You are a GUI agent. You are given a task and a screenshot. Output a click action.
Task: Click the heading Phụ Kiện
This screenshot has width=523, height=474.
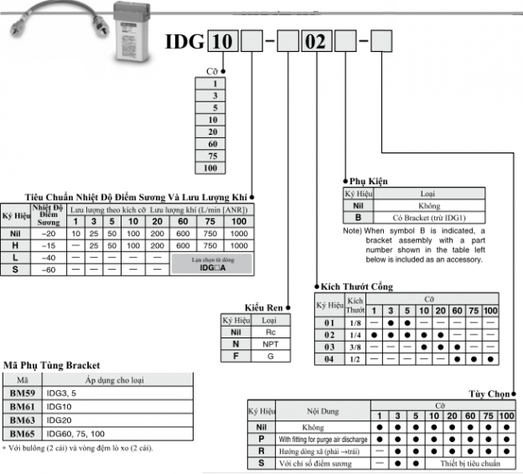(369, 181)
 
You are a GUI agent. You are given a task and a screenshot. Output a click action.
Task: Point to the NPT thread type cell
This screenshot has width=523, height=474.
(269, 344)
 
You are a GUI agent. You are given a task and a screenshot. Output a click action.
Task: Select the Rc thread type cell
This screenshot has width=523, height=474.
(269, 332)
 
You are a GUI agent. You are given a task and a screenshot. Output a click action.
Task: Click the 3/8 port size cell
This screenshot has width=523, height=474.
(355, 346)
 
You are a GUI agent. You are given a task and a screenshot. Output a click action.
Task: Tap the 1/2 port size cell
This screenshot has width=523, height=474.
(355, 358)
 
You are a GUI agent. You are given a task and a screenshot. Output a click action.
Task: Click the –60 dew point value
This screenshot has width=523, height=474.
(49, 270)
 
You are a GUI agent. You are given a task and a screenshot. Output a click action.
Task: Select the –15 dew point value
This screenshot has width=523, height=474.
(49, 245)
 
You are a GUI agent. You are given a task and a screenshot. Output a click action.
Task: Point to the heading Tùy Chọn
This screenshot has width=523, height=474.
(489, 393)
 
